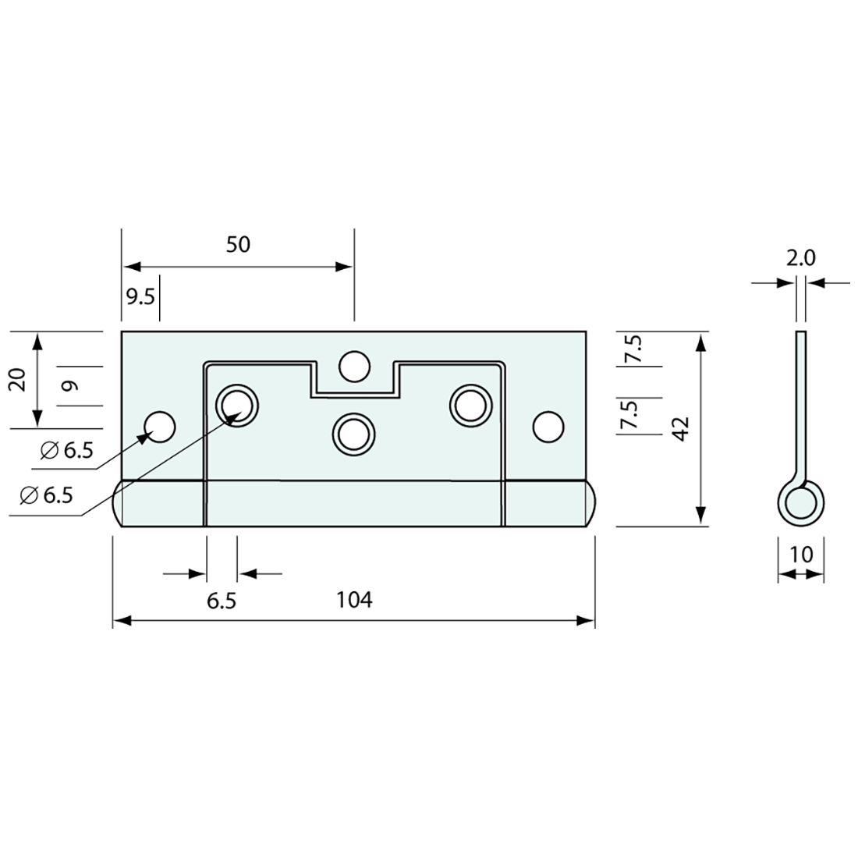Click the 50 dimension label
click(x=238, y=244)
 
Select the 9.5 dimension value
click(x=140, y=297)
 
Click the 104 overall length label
click(x=354, y=600)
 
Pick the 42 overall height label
click(x=680, y=429)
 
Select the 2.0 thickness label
click(x=800, y=258)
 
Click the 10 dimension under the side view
click(x=801, y=555)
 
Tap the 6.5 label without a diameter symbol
click(x=222, y=600)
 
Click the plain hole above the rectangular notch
click(x=354, y=367)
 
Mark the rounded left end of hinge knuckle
click(x=119, y=503)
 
